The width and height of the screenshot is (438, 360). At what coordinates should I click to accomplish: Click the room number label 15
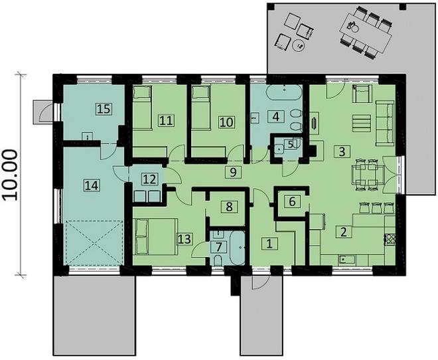pos(102,108)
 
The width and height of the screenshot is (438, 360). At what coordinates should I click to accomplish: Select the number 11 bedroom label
pos(166,120)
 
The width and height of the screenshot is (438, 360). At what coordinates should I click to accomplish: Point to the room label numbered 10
pos(226,122)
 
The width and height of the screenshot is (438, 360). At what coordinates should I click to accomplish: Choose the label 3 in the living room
pos(341,151)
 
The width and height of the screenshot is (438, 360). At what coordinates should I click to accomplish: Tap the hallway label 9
pos(232,172)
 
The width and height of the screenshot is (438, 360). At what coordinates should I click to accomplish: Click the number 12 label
pos(149,178)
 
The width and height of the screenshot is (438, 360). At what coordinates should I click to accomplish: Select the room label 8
pos(229,207)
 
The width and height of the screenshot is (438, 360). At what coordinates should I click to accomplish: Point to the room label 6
pos(290,201)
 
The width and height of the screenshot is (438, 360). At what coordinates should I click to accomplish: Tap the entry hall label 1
pos(269,243)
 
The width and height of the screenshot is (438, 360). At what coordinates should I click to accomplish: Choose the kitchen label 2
pos(343,232)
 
